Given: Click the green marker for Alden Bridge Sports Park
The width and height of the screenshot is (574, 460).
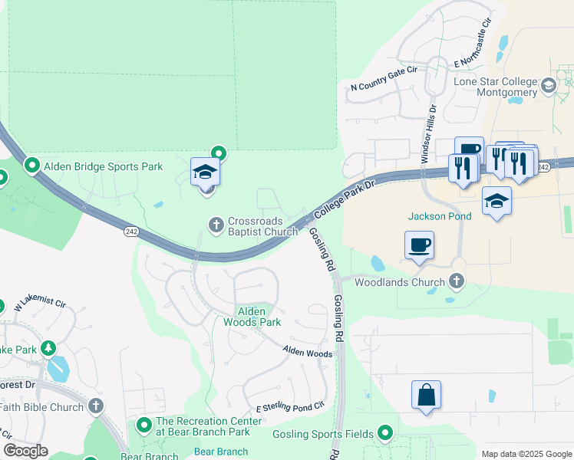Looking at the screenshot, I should pyautogui.click(x=32, y=165).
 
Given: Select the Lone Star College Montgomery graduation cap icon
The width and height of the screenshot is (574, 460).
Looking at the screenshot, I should pyautogui.click(x=549, y=85).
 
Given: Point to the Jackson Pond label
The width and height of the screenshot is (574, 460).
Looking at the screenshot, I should pyautogui.click(x=440, y=216).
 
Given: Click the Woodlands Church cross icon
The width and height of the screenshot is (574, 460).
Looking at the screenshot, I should pyautogui.click(x=457, y=281).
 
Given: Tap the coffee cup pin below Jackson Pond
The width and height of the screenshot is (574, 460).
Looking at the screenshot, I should pyautogui.click(x=419, y=246).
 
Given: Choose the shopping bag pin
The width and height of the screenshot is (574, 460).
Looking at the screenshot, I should pyautogui.click(x=426, y=396).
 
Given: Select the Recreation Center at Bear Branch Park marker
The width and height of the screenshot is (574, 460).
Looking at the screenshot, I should pyautogui.click(x=143, y=424).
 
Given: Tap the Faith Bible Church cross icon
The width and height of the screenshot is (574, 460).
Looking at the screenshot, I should pyautogui.click(x=95, y=406).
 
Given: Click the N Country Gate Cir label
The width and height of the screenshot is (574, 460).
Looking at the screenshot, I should pyautogui.click(x=383, y=78).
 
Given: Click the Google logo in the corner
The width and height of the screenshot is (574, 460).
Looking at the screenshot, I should pyautogui.click(x=25, y=451).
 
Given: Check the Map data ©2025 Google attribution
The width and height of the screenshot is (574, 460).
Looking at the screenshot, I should pyautogui.click(x=526, y=454).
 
